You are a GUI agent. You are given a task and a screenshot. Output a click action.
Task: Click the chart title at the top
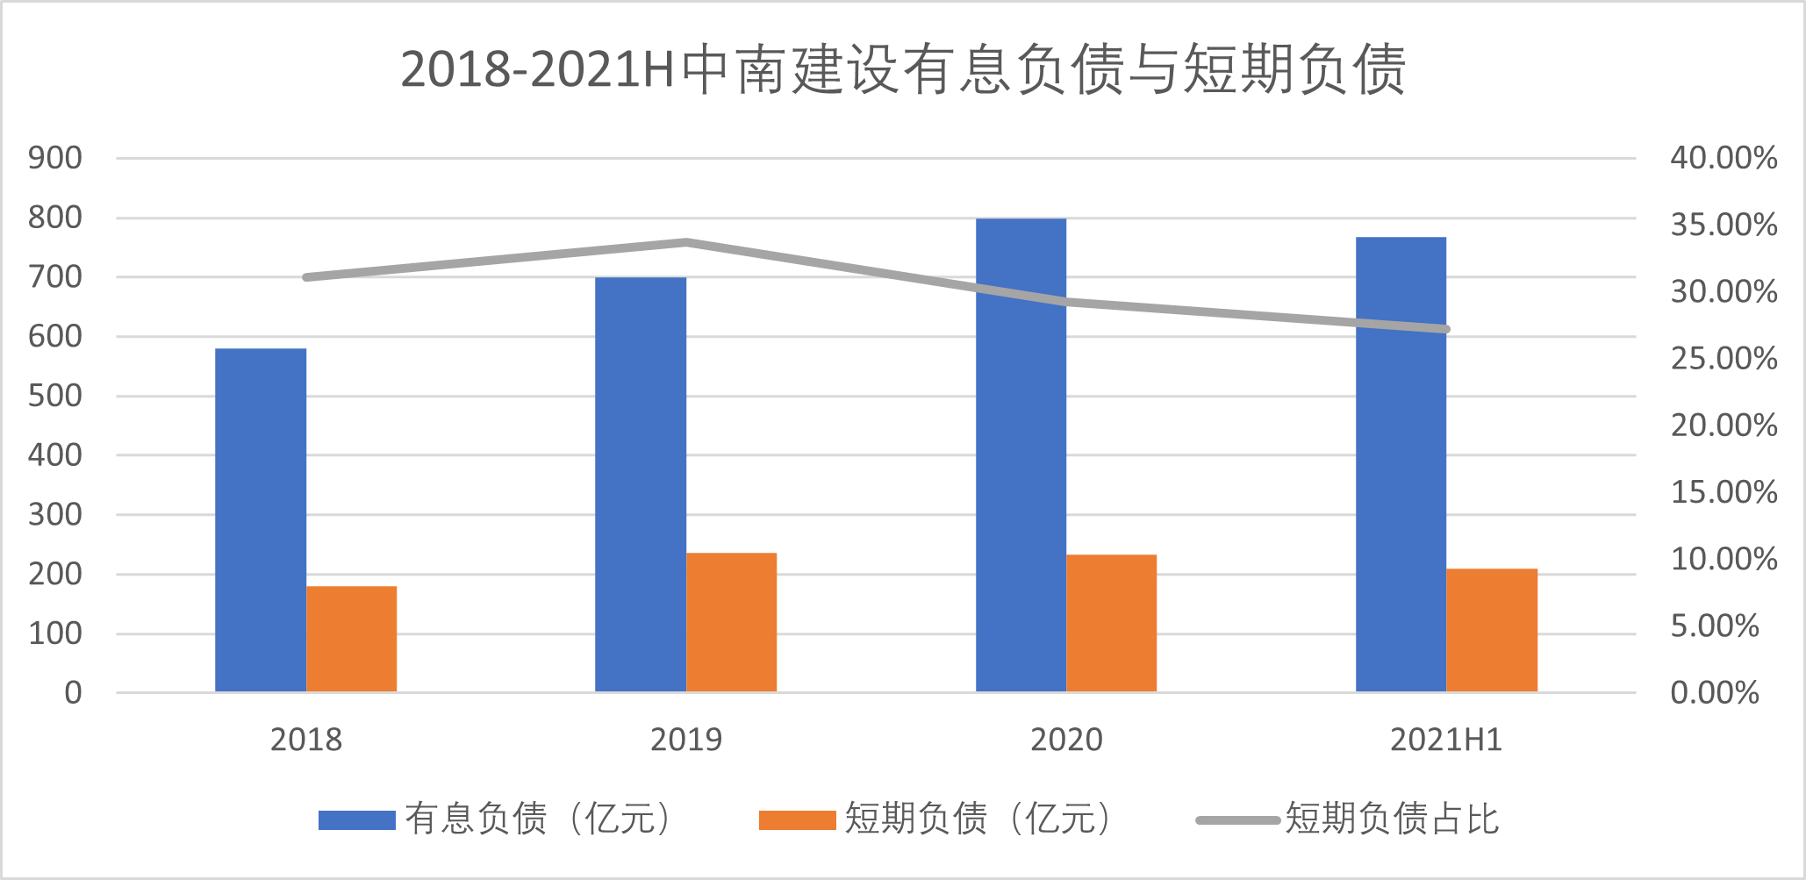(904, 69)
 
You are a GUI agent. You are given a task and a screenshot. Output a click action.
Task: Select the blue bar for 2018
(261, 519)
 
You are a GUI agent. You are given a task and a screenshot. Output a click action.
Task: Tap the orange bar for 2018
(351, 639)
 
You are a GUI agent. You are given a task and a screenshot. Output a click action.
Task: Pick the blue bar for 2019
(641, 484)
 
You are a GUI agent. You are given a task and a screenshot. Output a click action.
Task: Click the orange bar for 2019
(731, 622)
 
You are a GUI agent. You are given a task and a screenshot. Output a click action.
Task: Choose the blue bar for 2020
(1021, 454)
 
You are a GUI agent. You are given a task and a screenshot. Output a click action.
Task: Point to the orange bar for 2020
(1111, 623)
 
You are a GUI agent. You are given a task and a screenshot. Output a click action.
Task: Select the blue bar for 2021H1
(1401, 464)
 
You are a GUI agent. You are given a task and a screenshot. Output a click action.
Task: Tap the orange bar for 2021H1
(1492, 630)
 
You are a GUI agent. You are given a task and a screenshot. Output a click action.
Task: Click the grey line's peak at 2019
(686, 242)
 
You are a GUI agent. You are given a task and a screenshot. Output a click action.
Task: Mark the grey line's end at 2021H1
(1445, 329)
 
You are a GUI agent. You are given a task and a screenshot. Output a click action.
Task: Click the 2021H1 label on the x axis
(1445, 740)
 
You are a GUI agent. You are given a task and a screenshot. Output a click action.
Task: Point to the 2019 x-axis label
(686, 740)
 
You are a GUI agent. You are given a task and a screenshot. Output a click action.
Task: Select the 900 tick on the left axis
(55, 158)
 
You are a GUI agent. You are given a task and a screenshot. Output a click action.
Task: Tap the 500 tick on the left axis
(55, 396)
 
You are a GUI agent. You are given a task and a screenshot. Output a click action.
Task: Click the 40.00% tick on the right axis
(1724, 158)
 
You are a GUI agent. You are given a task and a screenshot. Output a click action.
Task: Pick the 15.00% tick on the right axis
(1724, 492)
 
